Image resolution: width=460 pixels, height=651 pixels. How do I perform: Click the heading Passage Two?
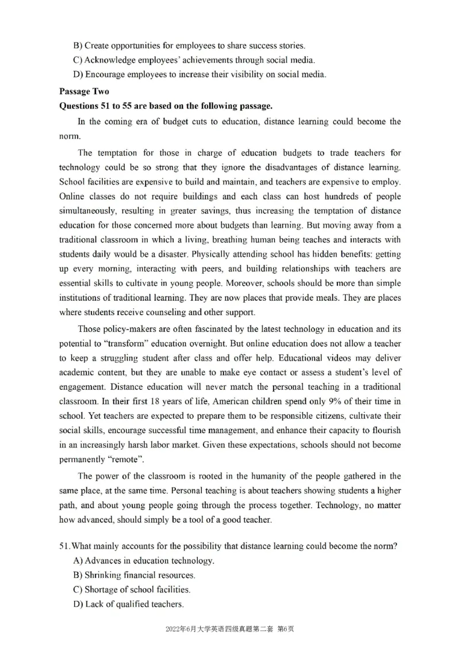84,91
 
